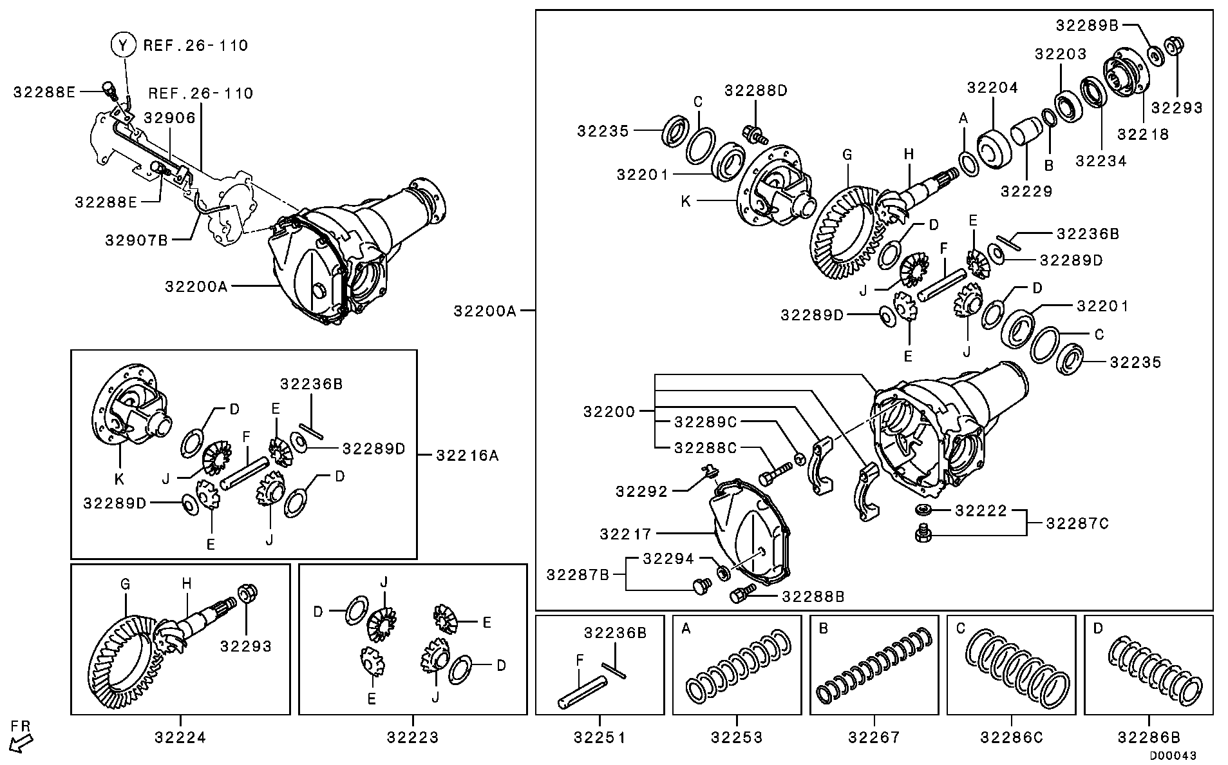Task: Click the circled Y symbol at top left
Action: (x=124, y=45)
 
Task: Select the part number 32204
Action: (x=992, y=88)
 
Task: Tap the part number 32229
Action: (x=1026, y=191)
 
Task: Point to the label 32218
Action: (x=1142, y=134)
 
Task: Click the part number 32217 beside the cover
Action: (x=625, y=534)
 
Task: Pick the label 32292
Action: (x=641, y=492)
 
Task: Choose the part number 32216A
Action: (x=467, y=456)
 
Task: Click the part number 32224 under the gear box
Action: (x=180, y=737)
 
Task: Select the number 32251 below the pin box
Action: (x=600, y=737)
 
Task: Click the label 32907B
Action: (x=137, y=240)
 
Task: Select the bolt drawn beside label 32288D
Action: (x=753, y=135)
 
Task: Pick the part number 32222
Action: (x=981, y=511)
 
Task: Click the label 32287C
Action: (x=1077, y=523)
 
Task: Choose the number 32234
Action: (x=1100, y=161)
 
